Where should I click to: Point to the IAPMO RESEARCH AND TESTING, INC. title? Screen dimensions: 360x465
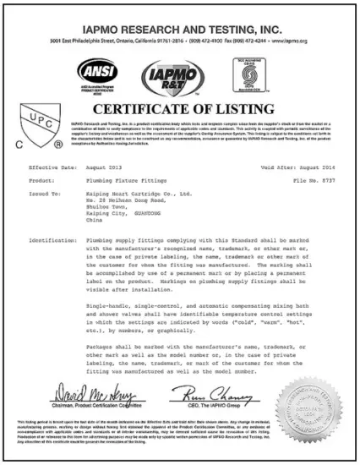179,15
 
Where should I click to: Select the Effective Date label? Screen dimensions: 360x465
58,168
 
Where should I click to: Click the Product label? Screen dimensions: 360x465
41,181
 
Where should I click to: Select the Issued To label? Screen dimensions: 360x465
46,193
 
